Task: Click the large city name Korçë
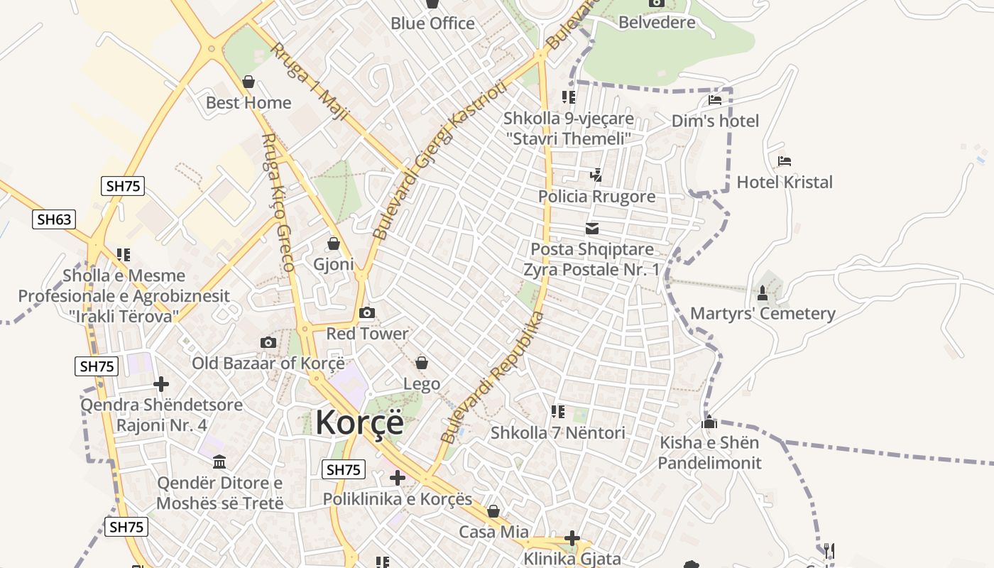(x=359, y=422)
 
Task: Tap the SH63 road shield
(x=54, y=219)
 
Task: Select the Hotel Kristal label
(x=785, y=182)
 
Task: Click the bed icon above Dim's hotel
(x=715, y=100)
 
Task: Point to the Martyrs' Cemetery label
(x=763, y=314)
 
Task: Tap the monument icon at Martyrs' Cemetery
(x=763, y=293)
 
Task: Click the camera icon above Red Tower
(x=367, y=312)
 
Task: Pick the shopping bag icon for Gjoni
(x=334, y=244)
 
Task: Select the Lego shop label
(x=422, y=384)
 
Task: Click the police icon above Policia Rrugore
(x=596, y=175)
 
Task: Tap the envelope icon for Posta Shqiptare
(x=592, y=229)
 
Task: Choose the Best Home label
(x=248, y=103)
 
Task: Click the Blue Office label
(x=432, y=23)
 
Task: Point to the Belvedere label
(x=657, y=22)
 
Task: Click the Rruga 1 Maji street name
(x=310, y=81)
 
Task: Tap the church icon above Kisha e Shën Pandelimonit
(x=709, y=422)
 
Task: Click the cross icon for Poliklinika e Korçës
(x=398, y=478)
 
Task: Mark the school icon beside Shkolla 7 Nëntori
(x=557, y=412)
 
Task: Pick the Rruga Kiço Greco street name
(x=278, y=203)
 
